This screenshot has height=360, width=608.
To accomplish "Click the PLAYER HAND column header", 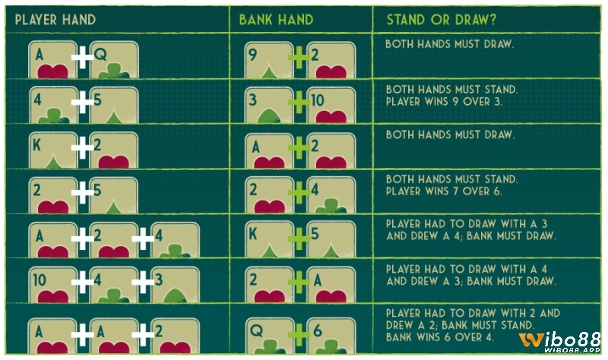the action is [x=55, y=20].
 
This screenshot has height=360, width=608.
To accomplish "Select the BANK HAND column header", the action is [x=276, y=20].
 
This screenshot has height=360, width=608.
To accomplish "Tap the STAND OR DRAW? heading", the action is [x=442, y=20].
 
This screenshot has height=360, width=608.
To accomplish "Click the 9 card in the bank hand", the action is [x=269, y=60].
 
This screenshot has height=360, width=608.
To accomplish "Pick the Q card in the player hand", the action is [x=114, y=60].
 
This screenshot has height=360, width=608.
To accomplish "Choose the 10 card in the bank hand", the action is [x=331, y=105].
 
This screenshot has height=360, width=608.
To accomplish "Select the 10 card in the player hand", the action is [x=52, y=285].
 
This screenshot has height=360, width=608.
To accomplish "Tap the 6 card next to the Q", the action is [x=331, y=336].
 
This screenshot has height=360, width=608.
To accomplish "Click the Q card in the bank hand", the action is [x=270, y=336].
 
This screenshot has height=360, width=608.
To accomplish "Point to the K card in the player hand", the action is [x=52, y=150].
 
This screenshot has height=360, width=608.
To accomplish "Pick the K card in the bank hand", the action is [x=269, y=239].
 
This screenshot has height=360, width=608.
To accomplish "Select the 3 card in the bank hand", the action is [x=269, y=105].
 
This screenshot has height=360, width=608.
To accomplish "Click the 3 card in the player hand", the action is [x=176, y=285].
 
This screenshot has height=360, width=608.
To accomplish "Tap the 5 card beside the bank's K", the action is [x=331, y=239].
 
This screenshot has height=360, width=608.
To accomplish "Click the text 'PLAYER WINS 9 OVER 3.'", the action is [x=444, y=102].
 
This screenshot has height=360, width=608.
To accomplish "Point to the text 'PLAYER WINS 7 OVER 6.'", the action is [x=444, y=191].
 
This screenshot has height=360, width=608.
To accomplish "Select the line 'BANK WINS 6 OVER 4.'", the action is [x=440, y=337].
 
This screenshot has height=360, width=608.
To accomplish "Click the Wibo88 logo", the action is [x=559, y=343].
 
